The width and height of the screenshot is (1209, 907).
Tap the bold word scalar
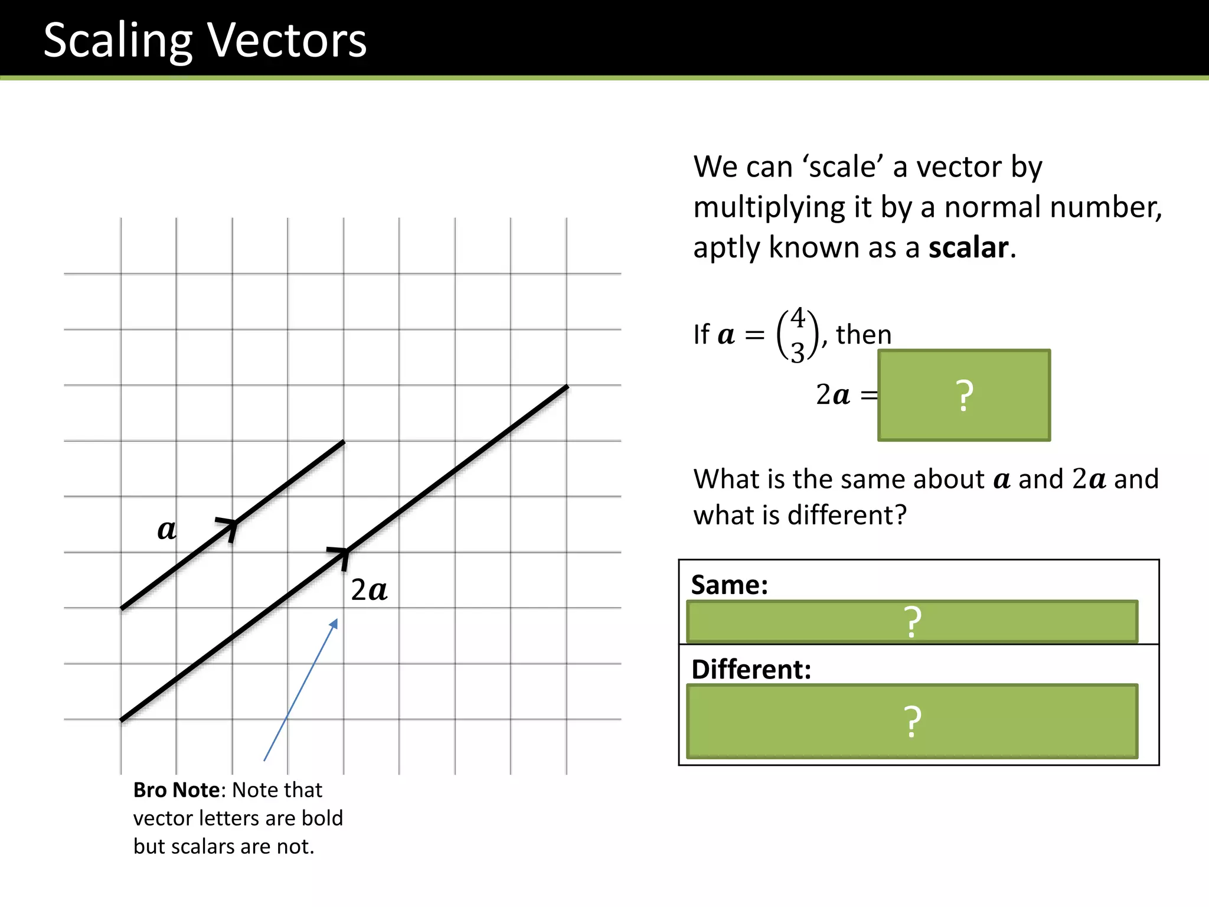(x=968, y=247)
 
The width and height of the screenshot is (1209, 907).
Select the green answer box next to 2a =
(x=964, y=395)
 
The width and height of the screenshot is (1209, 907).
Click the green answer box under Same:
(x=912, y=622)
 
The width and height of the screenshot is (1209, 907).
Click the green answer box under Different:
(x=912, y=721)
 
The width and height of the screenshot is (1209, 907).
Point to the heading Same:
(x=730, y=585)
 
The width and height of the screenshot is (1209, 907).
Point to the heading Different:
(x=751, y=669)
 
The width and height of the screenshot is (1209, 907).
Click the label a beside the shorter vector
(x=166, y=529)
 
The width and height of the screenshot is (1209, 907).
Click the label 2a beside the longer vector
(x=369, y=590)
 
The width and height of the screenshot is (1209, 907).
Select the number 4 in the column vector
(x=798, y=318)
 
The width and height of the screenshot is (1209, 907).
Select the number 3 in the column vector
(x=798, y=353)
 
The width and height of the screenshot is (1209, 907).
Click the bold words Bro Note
(x=177, y=790)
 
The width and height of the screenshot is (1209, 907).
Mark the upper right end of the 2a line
(x=567, y=387)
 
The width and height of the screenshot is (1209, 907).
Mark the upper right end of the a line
(x=343, y=442)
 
